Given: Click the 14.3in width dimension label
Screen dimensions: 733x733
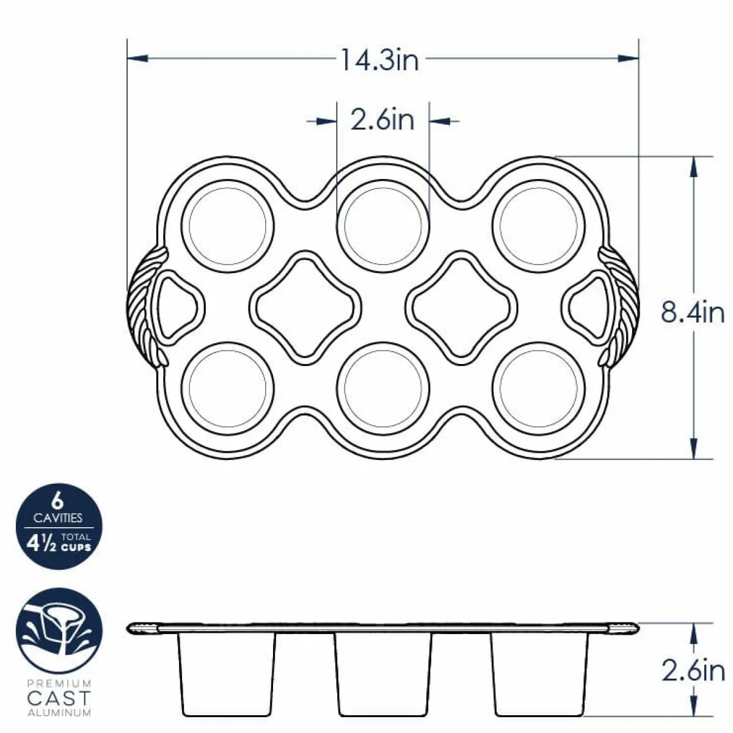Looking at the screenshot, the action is click(x=380, y=60).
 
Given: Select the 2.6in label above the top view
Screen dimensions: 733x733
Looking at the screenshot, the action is click(x=382, y=120).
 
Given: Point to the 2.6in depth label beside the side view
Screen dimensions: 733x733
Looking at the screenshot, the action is click(x=693, y=671).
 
